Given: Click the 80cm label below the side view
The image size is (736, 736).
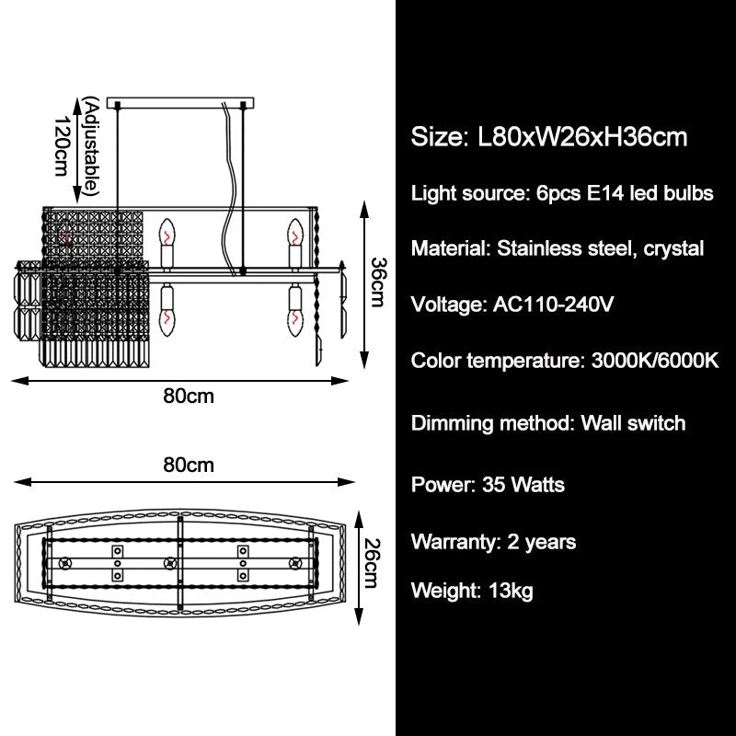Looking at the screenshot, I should pos(189,397).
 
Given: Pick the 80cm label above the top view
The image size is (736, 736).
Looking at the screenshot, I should pos(189,465).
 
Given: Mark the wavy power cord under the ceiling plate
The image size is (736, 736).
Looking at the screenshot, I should pos(227,184).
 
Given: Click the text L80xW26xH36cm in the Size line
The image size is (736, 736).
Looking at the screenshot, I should pos(583,138).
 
